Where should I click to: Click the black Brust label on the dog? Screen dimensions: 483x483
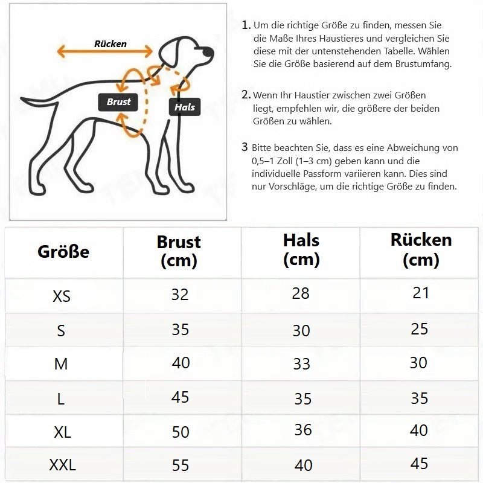click(x=118, y=102)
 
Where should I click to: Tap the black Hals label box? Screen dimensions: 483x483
click(x=185, y=107)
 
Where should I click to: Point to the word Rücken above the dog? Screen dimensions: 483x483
click(x=110, y=43)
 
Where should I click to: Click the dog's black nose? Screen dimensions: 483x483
click(x=208, y=51)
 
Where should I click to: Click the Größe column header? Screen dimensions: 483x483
click(x=63, y=251)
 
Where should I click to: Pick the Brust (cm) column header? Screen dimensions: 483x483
click(x=179, y=251)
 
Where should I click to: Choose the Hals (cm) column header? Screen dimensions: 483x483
click(x=301, y=250)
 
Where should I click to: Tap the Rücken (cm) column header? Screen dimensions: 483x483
click(x=421, y=250)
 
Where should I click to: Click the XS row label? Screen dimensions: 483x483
click(x=62, y=296)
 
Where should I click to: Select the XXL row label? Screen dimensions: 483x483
click(x=63, y=464)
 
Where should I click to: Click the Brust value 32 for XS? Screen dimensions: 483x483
click(x=180, y=295)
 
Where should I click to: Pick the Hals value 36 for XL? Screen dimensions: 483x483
click(x=303, y=430)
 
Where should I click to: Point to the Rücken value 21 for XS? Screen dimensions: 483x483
click(x=421, y=293)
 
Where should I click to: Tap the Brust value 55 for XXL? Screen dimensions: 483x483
click(x=180, y=465)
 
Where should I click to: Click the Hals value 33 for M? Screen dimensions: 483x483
click(x=301, y=364)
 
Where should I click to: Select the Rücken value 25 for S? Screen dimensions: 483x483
click(x=419, y=329)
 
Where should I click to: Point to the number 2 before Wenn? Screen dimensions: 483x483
click(x=246, y=95)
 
